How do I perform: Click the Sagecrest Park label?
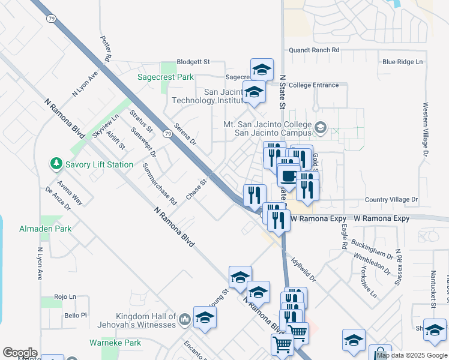[166, 77]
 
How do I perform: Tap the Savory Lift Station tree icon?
[56, 163]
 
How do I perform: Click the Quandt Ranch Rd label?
[314, 50]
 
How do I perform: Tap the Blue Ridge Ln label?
[402, 62]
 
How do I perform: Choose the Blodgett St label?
[193, 61]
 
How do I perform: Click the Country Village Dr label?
[391, 199]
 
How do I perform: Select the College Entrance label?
[318, 85]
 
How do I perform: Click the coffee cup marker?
[289, 176]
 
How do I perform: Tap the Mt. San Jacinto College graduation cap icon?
[321, 127]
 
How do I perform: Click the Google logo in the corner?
[20, 353]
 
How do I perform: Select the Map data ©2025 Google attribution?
[412, 355]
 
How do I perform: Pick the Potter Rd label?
[107, 47]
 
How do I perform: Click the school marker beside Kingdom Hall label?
[204, 317]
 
